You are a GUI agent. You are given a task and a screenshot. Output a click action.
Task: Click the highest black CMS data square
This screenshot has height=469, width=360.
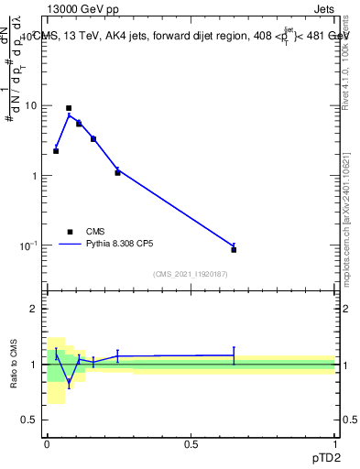click(69, 108)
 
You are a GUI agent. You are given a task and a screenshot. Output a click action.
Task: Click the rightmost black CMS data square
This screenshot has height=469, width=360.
click(234, 249)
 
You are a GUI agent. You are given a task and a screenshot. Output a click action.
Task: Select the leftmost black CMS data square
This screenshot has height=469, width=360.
click(56, 151)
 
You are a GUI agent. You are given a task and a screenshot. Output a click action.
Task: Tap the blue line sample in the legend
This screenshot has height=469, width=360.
click(70, 245)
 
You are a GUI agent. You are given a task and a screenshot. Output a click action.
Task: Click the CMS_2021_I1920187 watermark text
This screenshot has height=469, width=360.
click(191, 274)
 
